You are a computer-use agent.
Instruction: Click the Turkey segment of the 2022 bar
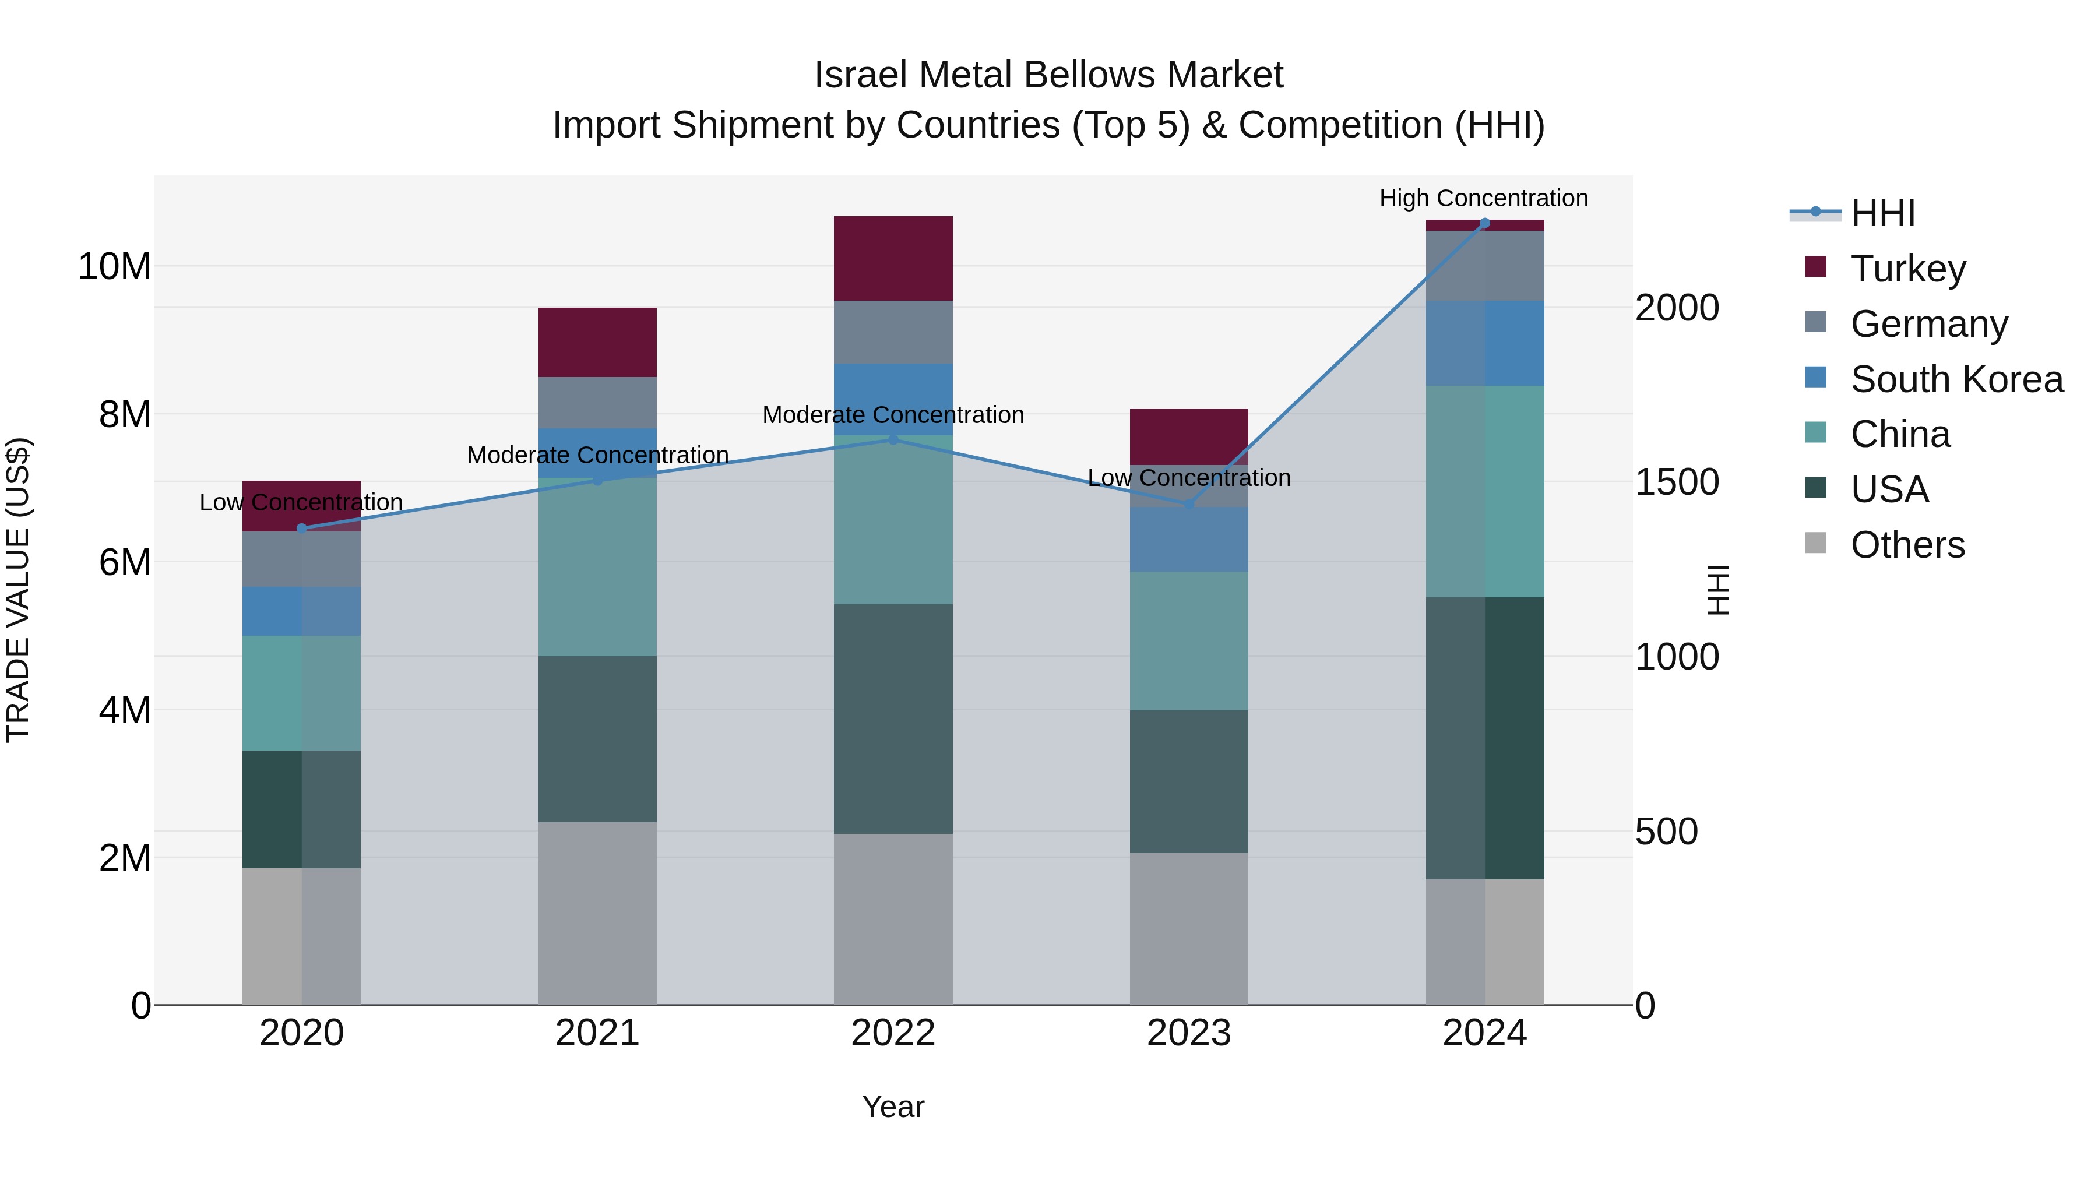[x=893, y=258]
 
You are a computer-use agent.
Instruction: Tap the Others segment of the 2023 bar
[x=1188, y=928]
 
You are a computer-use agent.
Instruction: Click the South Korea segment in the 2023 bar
[x=1188, y=539]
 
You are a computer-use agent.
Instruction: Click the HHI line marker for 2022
[x=893, y=440]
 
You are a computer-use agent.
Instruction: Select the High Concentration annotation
[x=1483, y=198]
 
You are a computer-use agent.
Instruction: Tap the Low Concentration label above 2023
[x=1188, y=478]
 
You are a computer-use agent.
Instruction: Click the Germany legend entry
[x=1928, y=324]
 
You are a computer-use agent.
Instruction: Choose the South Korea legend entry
[x=1956, y=379]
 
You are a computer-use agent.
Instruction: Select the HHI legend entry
[x=1882, y=213]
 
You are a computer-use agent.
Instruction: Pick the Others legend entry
[x=1907, y=545]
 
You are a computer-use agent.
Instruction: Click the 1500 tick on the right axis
[x=1677, y=482]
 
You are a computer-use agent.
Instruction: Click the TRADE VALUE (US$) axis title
[x=19, y=590]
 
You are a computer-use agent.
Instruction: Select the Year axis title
[x=893, y=1107]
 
